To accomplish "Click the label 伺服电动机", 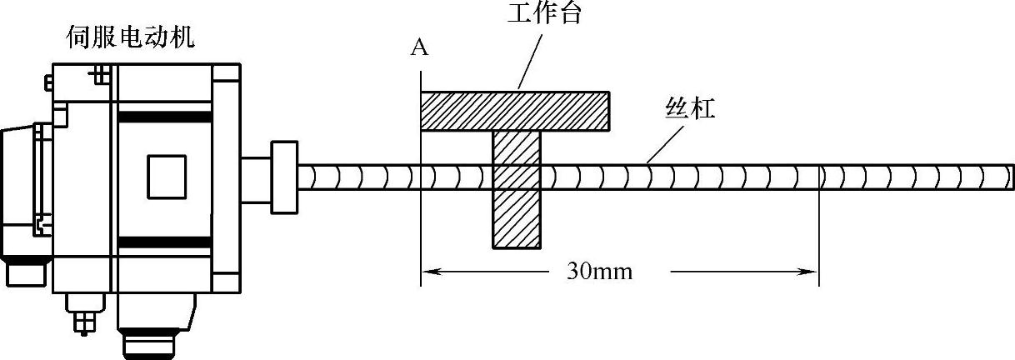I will tap(131, 37).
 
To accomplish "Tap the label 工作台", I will tap(543, 14).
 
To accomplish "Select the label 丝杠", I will tap(690, 108).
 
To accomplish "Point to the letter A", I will tap(420, 48).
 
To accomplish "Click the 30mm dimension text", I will tap(599, 271).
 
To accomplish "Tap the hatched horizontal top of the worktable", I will tap(515, 111).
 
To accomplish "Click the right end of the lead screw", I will tap(1009, 177).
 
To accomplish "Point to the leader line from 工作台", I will tap(531, 57).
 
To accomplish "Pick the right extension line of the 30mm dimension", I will tap(820, 242).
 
